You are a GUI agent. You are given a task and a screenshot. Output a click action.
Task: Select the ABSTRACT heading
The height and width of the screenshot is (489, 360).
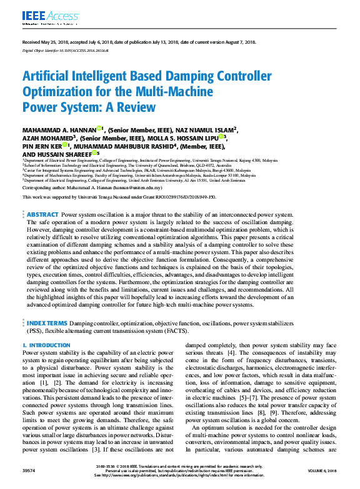pos(43,214)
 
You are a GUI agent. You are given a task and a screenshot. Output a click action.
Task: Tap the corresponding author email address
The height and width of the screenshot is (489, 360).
pos(137,187)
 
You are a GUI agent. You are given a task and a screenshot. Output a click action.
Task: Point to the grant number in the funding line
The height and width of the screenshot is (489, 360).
pos(185,197)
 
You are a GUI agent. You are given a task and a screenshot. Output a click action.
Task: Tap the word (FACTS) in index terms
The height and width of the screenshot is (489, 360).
pos(166,331)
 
